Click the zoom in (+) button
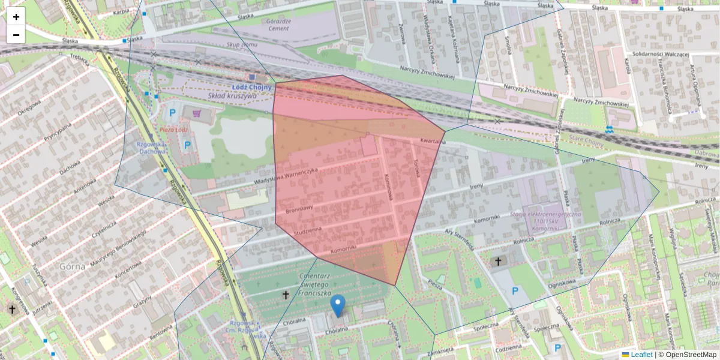pyautogui.click(x=16, y=17)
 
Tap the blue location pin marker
pyautogui.click(x=338, y=306)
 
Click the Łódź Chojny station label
pyautogui.click(x=252, y=87)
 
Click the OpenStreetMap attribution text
pyautogui.click(x=690, y=355)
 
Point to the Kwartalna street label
pyautogui.click(x=432, y=142)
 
